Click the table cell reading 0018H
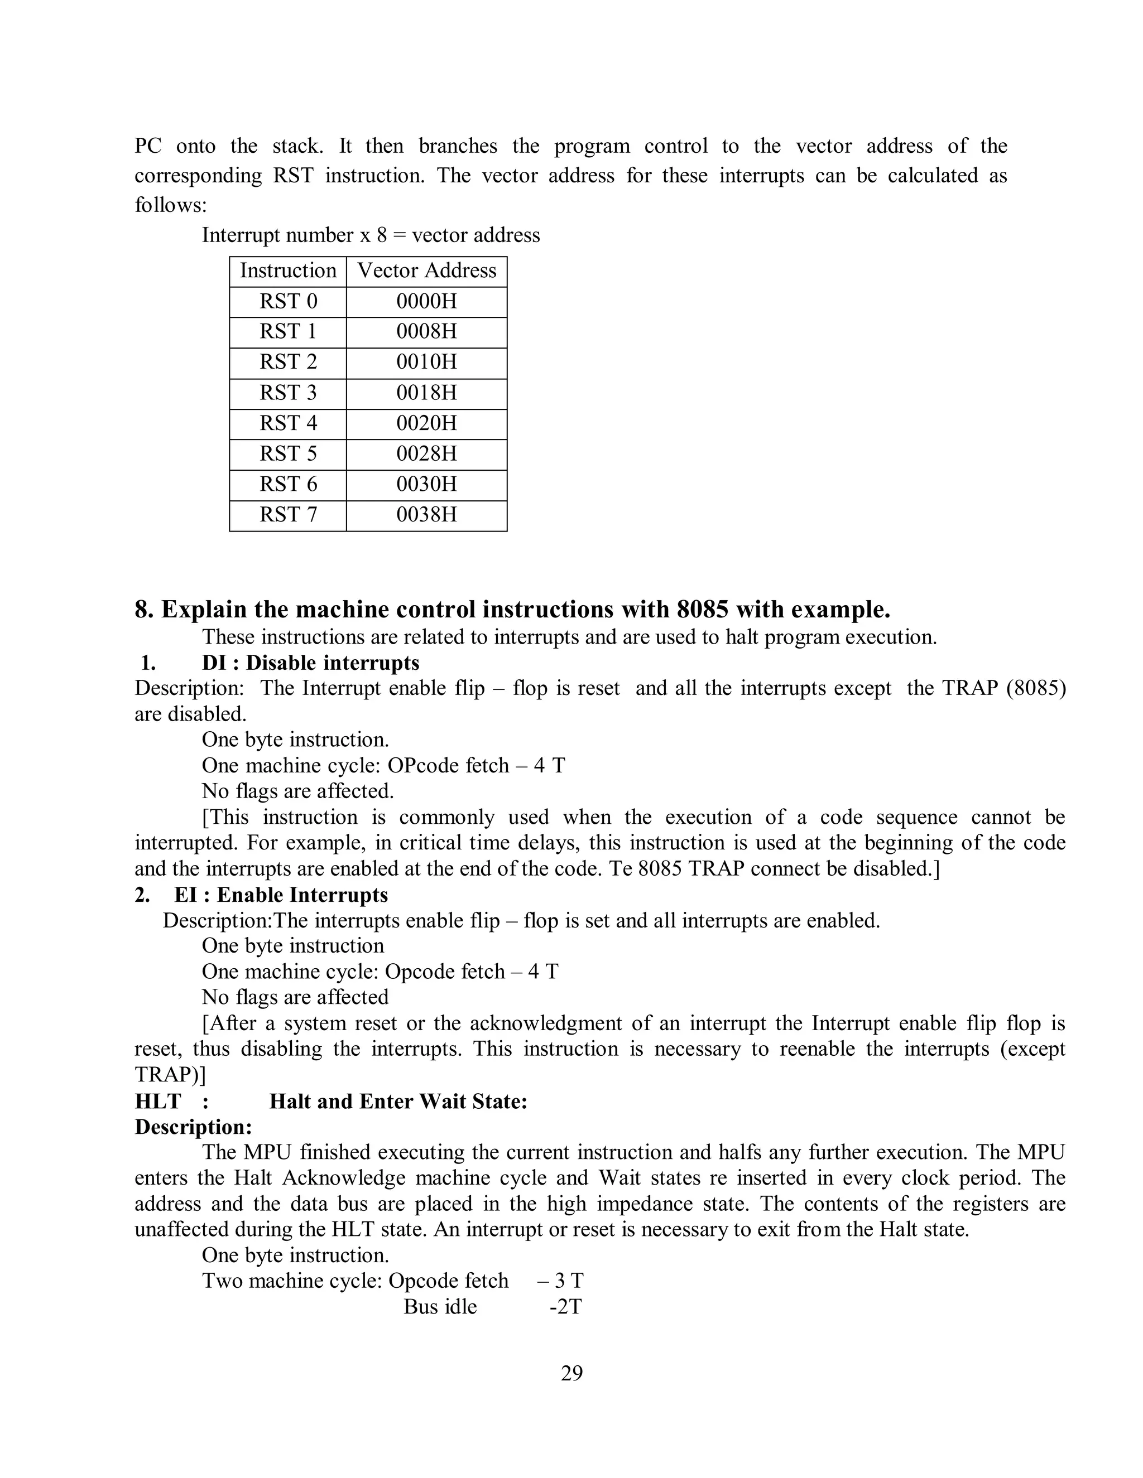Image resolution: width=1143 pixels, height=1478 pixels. point(426,393)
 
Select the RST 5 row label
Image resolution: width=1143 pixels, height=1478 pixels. point(288,453)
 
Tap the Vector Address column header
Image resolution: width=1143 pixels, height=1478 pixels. point(426,271)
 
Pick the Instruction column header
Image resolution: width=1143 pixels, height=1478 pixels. point(288,271)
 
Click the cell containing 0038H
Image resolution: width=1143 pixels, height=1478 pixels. point(426,514)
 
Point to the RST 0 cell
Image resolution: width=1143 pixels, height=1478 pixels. point(288,301)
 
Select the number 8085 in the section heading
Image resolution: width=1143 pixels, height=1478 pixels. point(702,610)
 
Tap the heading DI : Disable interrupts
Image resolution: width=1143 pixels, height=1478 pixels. point(311,663)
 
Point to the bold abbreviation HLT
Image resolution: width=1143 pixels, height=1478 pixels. point(158,1101)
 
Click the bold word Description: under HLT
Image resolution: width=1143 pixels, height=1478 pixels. point(193,1127)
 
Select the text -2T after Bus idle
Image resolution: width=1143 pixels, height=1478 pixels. point(565,1307)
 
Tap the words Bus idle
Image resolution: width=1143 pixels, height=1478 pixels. point(440,1307)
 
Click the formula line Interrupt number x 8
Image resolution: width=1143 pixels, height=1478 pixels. point(371,235)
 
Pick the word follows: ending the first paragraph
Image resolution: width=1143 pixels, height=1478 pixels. point(171,205)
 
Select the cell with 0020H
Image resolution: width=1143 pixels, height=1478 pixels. point(426,423)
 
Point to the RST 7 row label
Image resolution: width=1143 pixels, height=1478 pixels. point(288,514)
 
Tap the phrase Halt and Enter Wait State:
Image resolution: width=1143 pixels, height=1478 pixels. point(398,1101)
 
